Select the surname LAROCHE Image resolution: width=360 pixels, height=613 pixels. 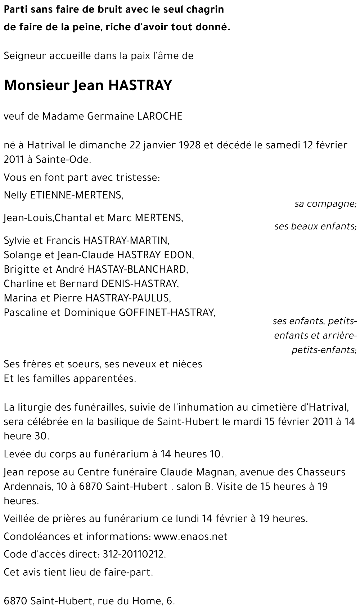160,116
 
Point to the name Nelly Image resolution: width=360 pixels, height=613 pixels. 15,195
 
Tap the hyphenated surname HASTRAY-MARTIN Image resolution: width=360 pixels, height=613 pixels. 126,240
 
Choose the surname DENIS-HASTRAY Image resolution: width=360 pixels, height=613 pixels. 140,284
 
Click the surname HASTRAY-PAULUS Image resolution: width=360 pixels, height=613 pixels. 127,298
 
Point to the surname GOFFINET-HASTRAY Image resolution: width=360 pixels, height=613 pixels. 167,313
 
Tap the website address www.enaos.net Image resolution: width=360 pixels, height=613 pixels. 190,537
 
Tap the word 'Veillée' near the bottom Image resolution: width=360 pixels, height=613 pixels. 18,519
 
